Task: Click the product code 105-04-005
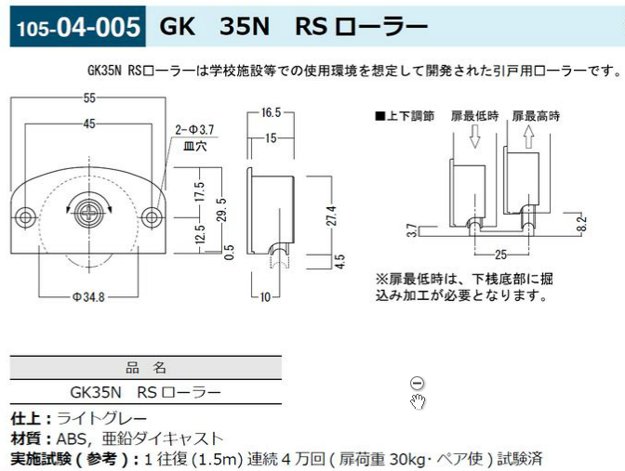pos(75,26)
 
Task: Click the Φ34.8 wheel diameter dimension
pos(89,296)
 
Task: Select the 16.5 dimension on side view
pos(271,112)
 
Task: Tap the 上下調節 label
pos(406,116)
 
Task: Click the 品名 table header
pos(145,367)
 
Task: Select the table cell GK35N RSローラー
pos(145,392)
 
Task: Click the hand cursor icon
pos(419,401)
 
